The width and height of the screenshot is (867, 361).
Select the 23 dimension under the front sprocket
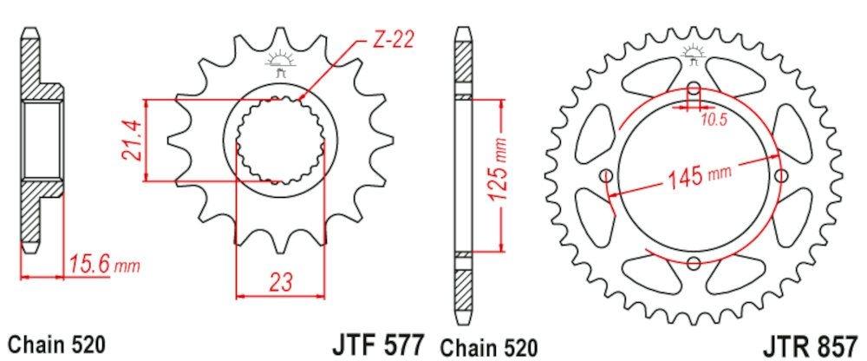[280, 281]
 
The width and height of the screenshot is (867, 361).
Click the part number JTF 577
[378, 344]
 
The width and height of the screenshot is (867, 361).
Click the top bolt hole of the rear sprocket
[694, 91]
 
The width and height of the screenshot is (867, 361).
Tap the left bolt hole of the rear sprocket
[606, 178]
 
